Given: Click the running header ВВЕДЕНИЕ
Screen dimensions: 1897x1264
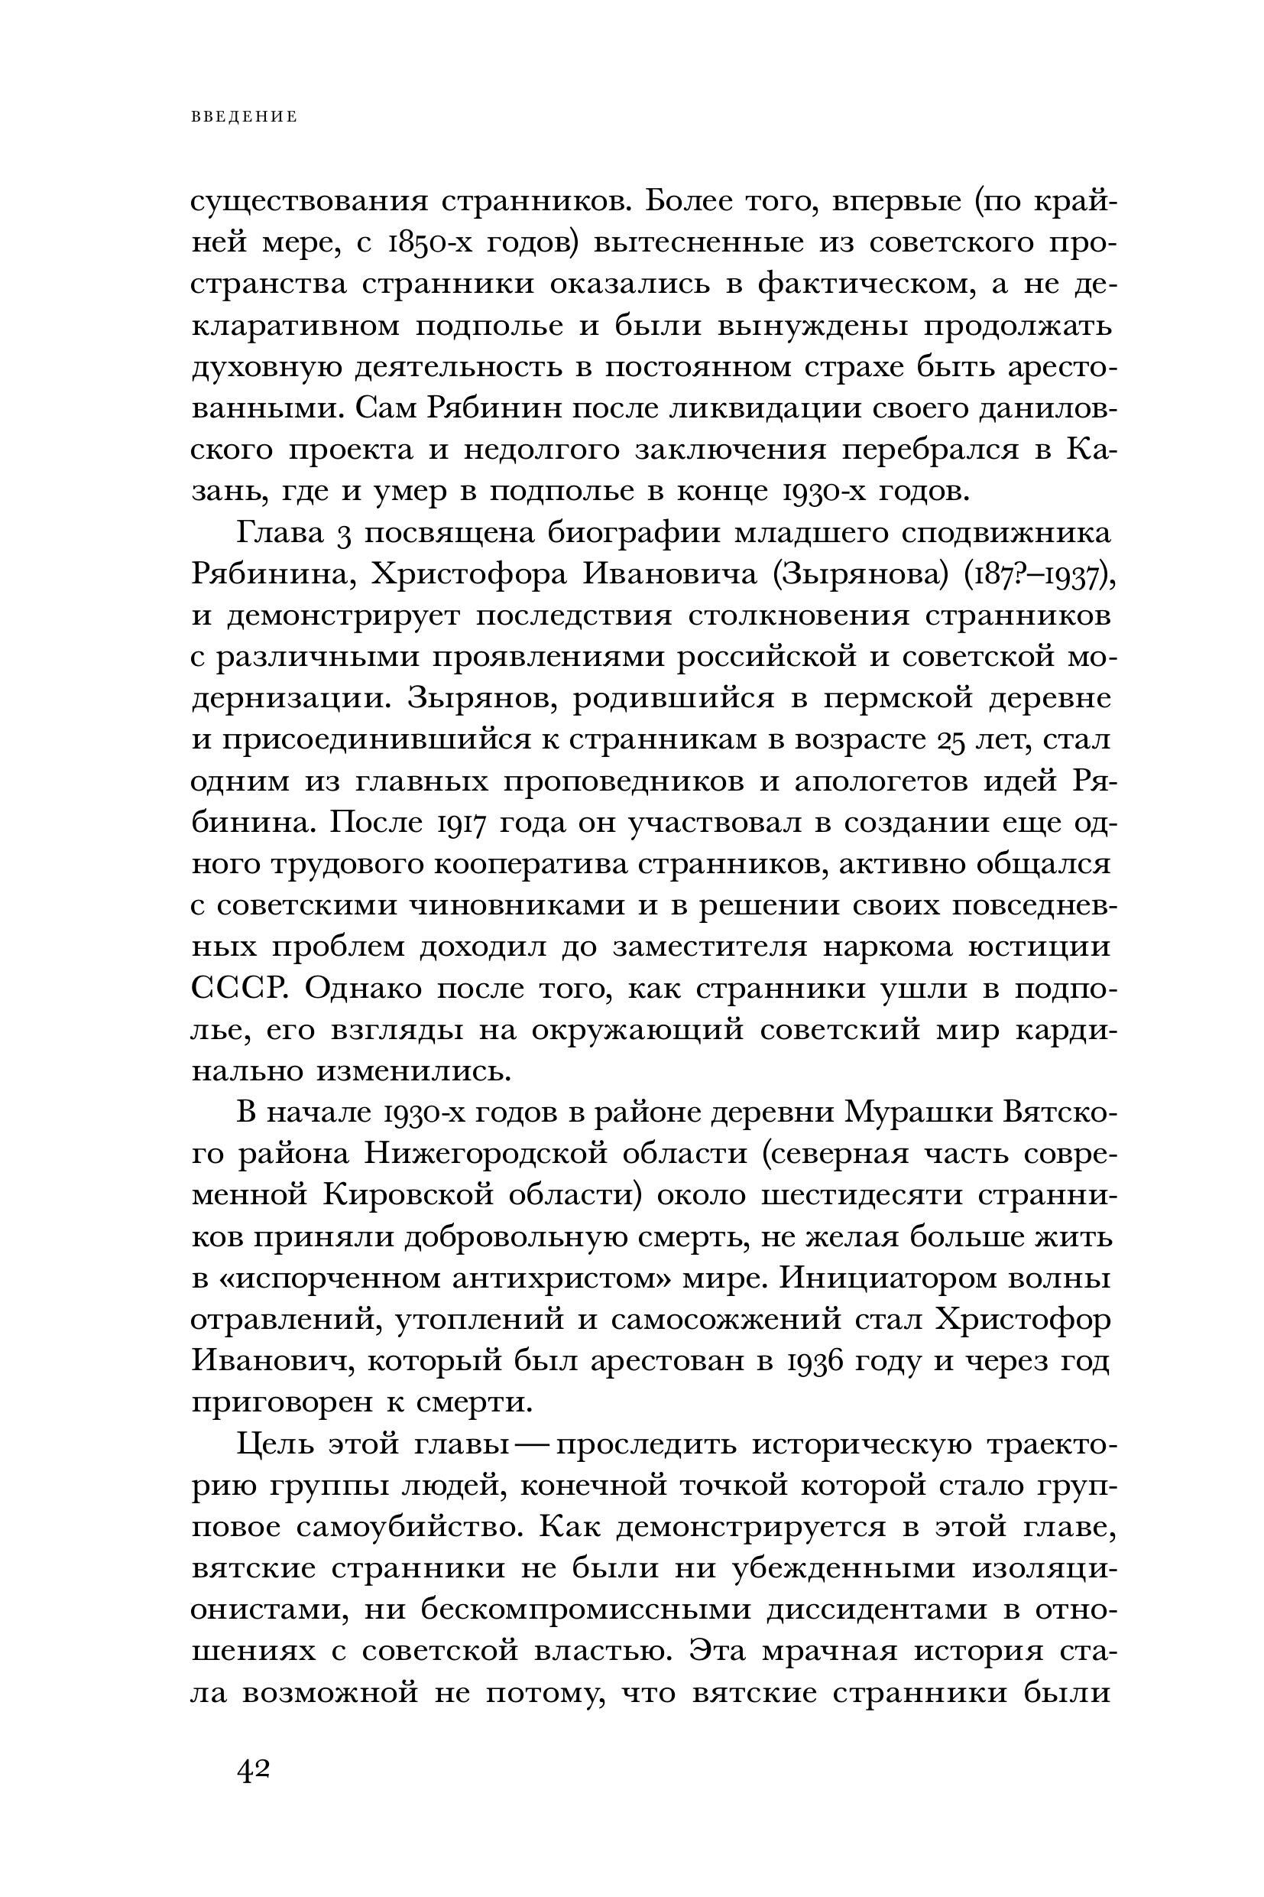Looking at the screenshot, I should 245,117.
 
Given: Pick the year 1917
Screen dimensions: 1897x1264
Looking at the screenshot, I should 462,823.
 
